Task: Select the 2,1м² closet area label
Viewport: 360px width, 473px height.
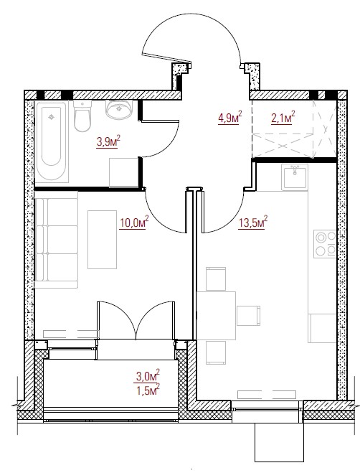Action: coord(283,118)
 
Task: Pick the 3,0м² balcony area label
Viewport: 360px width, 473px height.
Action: coord(148,376)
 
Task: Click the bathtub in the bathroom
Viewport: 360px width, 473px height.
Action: coord(52,142)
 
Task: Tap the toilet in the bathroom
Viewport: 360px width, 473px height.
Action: coord(82,116)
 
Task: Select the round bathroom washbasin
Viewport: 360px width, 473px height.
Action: coord(119,109)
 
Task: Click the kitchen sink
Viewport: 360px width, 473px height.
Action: coord(295,177)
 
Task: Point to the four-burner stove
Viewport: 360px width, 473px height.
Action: coord(325,244)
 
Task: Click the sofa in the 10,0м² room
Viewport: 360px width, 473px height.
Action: coord(57,240)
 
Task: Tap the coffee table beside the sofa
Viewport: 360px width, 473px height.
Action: coord(103,240)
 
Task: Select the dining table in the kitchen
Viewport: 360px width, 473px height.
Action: coord(216,316)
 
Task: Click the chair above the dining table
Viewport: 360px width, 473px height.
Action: coord(216,278)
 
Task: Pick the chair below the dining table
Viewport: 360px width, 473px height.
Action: coord(216,352)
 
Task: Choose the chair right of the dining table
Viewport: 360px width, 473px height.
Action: coord(248,316)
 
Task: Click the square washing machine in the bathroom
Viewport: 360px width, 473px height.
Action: coord(124,172)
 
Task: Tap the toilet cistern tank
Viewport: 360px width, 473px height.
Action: coord(82,104)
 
